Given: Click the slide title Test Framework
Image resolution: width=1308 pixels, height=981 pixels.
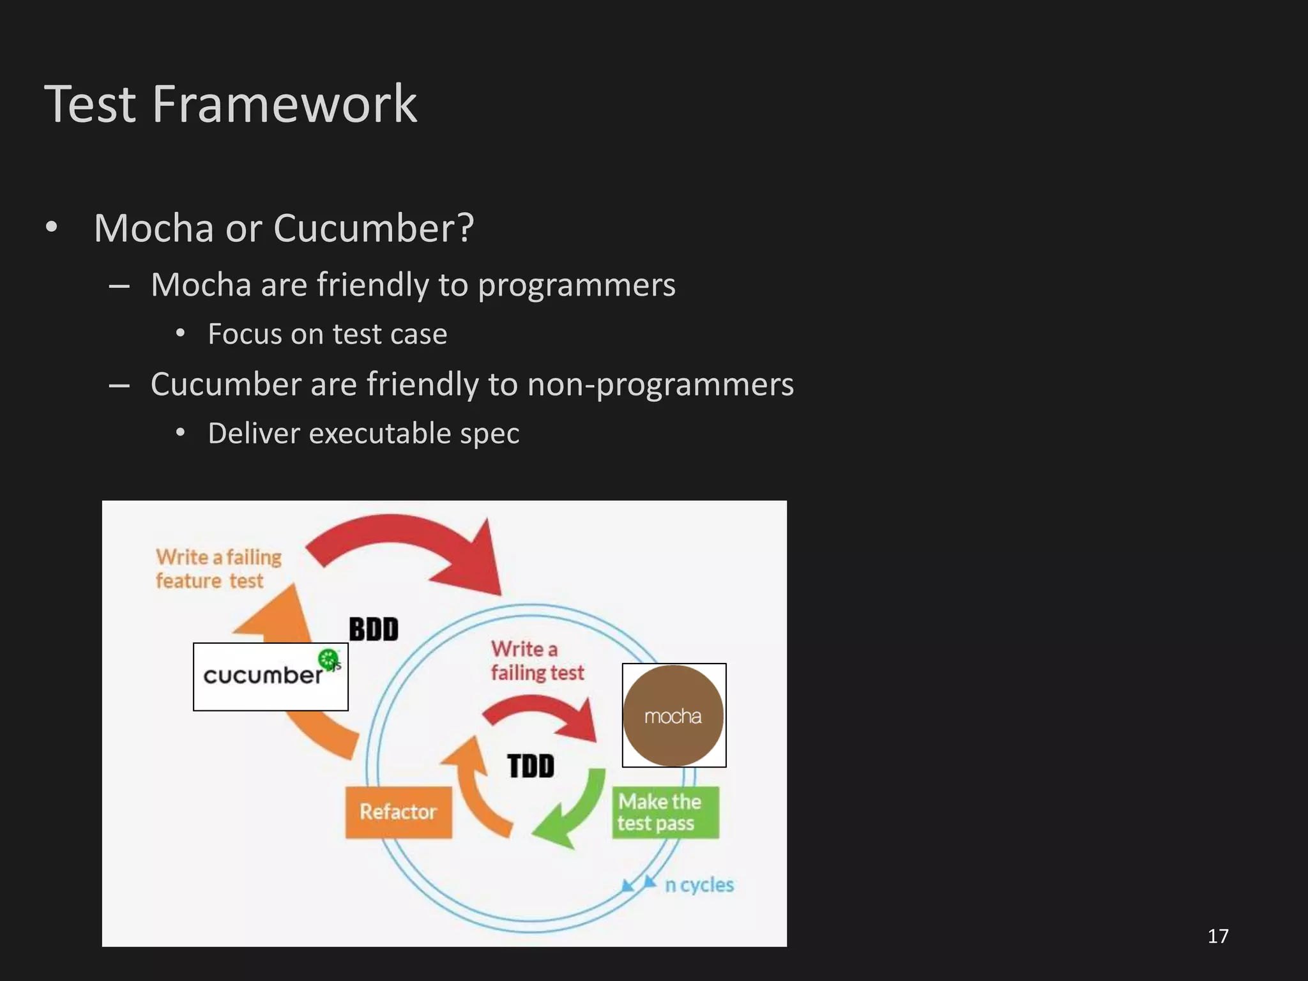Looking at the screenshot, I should coord(231,103).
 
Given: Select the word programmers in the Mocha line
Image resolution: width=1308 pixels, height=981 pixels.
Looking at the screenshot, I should coord(576,285).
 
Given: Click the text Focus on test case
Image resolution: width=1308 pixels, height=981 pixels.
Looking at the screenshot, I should coord(327,334).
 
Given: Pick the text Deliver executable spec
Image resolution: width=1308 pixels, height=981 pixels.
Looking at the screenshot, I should coord(363,434).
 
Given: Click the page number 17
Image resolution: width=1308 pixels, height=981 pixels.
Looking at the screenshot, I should coord(1218,936).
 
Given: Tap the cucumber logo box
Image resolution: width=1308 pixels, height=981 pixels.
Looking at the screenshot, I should coord(270,677).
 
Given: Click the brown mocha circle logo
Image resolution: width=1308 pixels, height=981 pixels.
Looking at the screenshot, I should coord(673,715).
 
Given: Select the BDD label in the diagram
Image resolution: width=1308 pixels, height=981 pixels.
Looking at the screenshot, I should coord(374,629).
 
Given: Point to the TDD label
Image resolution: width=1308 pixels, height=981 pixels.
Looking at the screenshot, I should coord(531,766).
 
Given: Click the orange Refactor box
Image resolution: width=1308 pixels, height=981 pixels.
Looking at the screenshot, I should coord(399,812).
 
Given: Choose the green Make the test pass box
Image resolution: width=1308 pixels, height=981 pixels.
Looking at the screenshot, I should coord(665,812).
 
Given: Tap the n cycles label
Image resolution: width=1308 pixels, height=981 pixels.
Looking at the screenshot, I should coord(699,885).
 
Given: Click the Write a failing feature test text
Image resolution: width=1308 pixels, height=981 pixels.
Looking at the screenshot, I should coord(218,568).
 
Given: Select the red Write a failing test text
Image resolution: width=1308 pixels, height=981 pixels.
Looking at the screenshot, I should coord(536,661).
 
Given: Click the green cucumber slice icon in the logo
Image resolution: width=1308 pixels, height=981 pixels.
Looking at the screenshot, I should coord(328,658).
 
